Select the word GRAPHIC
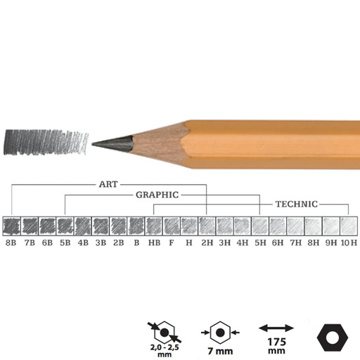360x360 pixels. tap(157, 194)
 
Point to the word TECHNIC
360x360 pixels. tap(296, 204)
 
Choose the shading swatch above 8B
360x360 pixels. tap(12, 225)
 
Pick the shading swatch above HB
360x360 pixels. tap(154, 225)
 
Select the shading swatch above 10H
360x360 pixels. tap(349, 225)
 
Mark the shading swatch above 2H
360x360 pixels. tap(207, 225)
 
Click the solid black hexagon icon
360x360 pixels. tap(330, 337)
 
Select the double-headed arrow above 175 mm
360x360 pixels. tap(276, 328)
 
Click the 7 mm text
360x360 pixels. tap(220, 349)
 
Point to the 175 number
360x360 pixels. tap(276, 342)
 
